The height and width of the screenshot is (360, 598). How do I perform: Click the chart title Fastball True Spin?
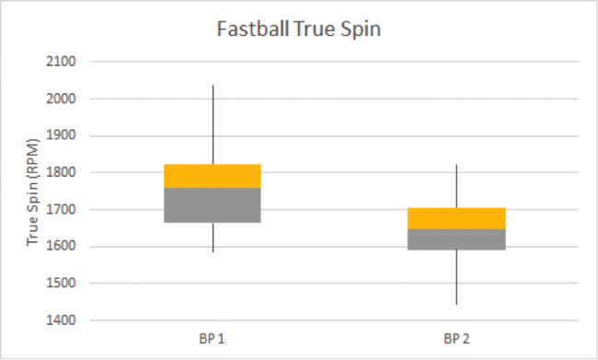pyautogui.click(x=298, y=28)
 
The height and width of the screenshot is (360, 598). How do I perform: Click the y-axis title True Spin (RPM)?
pyautogui.click(x=33, y=192)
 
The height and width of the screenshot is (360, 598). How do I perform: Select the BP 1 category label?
pyautogui.click(x=213, y=340)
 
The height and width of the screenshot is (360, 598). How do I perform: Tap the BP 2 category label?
pyautogui.click(x=456, y=340)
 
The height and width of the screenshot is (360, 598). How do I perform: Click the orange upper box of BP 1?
pyautogui.click(x=213, y=176)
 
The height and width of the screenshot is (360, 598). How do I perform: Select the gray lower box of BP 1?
pyautogui.click(x=213, y=204)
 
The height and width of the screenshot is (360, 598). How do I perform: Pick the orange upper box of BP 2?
pyautogui.click(x=456, y=218)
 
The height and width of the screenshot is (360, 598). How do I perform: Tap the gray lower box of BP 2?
pyautogui.click(x=456, y=239)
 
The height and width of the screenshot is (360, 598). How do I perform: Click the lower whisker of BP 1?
pyautogui.click(x=213, y=237)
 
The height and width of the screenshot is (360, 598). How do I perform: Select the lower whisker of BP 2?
pyautogui.click(x=456, y=277)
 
